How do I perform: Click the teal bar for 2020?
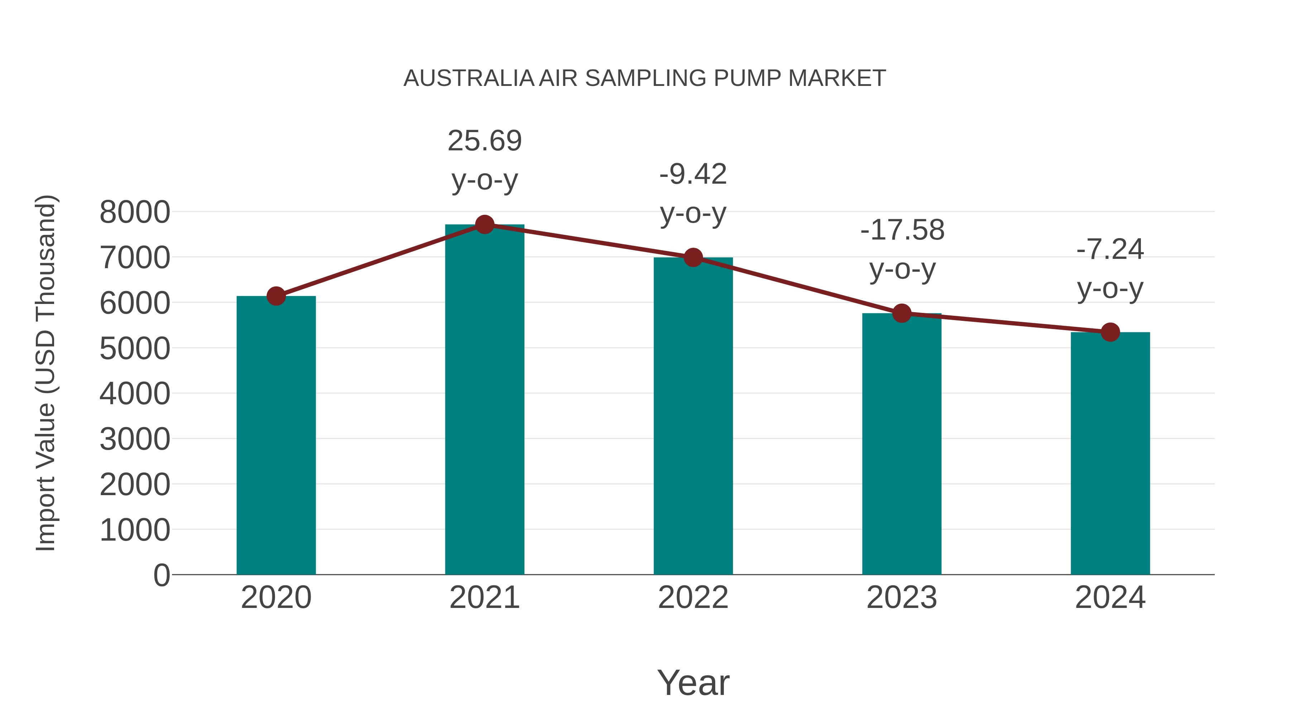click(276, 435)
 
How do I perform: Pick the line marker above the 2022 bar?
click(693, 258)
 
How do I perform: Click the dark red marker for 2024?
click(1110, 332)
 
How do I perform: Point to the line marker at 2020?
click(276, 296)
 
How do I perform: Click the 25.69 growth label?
click(484, 141)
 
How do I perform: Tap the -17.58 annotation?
click(902, 230)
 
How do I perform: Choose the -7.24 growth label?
click(1110, 249)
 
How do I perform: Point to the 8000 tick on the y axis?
click(135, 212)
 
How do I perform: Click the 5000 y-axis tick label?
click(135, 348)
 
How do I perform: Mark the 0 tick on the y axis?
click(161, 575)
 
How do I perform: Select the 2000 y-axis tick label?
click(135, 484)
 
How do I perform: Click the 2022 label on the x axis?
click(693, 598)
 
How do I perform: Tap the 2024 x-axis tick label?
click(1110, 598)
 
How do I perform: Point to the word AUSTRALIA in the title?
click(469, 78)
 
